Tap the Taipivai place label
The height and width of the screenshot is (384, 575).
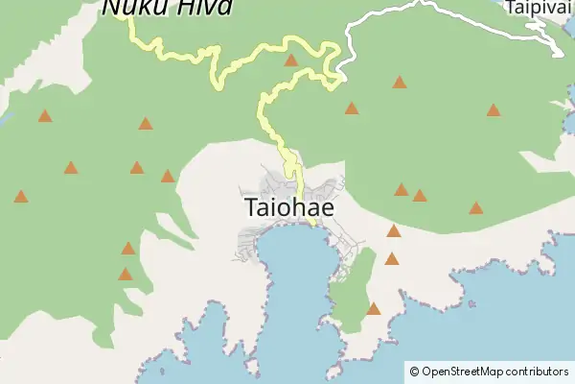click(539, 7)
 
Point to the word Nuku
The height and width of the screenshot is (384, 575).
click(130, 7)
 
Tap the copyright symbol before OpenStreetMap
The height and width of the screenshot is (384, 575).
click(413, 371)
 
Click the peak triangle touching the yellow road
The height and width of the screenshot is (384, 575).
click(291, 60)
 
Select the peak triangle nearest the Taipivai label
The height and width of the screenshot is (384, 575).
click(494, 110)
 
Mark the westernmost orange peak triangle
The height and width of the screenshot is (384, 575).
click(21, 197)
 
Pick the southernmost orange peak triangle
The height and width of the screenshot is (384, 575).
click(374, 309)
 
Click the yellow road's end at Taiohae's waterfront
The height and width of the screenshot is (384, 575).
click(312, 224)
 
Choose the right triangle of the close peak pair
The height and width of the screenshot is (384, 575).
click(420, 196)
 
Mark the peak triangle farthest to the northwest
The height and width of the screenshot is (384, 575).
click(45, 116)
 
